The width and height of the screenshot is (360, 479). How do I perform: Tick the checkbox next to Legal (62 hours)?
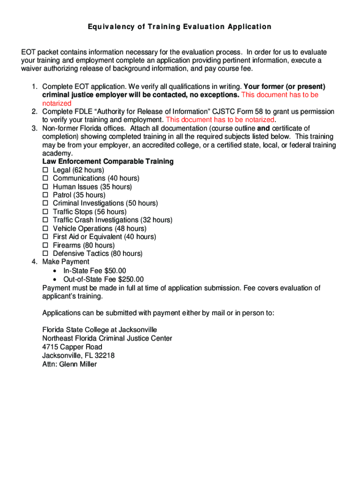pyautogui.click(x=45, y=170)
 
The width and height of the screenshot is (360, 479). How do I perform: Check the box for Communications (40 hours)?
pyautogui.click(x=45, y=178)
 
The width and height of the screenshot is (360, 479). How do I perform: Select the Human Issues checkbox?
pyautogui.click(x=45, y=187)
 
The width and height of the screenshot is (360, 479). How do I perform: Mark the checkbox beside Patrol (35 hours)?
pyautogui.click(x=45, y=195)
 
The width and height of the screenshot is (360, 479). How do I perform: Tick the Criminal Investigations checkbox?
pyautogui.click(x=45, y=203)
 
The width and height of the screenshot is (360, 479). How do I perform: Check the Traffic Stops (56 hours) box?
pyautogui.click(x=45, y=212)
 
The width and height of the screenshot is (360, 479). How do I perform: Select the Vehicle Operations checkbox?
pyautogui.click(x=45, y=229)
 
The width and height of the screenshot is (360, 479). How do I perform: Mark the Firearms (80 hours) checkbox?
pyautogui.click(x=45, y=246)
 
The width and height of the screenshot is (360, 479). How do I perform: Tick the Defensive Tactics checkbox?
pyautogui.click(x=45, y=254)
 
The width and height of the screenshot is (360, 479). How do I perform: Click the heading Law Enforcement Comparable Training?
pyautogui.click(x=108, y=161)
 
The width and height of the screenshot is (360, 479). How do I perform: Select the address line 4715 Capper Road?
pyautogui.click(x=72, y=347)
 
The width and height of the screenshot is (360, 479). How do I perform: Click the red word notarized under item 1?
pyautogui.click(x=57, y=103)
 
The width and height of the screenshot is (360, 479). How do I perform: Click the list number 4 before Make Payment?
pyautogui.click(x=34, y=262)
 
